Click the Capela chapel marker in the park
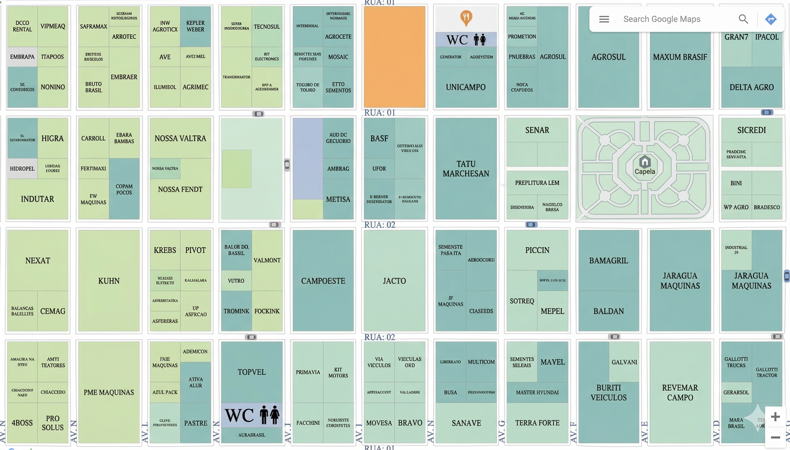click(645, 162)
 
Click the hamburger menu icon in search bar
click(604, 19)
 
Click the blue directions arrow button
click(770, 19)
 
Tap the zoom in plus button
click(775, 417)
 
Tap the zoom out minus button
click(775, 437)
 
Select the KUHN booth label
click(109, 281)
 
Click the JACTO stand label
click(394, 281)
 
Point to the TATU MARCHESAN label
click(466, 168)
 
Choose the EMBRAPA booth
click(22, 57)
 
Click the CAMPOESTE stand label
click(323, 281)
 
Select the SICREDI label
click(751, 130)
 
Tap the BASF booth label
click(379, 138)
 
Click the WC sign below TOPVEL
click(251, 415)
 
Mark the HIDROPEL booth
click(22, 169)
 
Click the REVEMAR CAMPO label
click(680, 392)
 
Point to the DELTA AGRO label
click(751, 87)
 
